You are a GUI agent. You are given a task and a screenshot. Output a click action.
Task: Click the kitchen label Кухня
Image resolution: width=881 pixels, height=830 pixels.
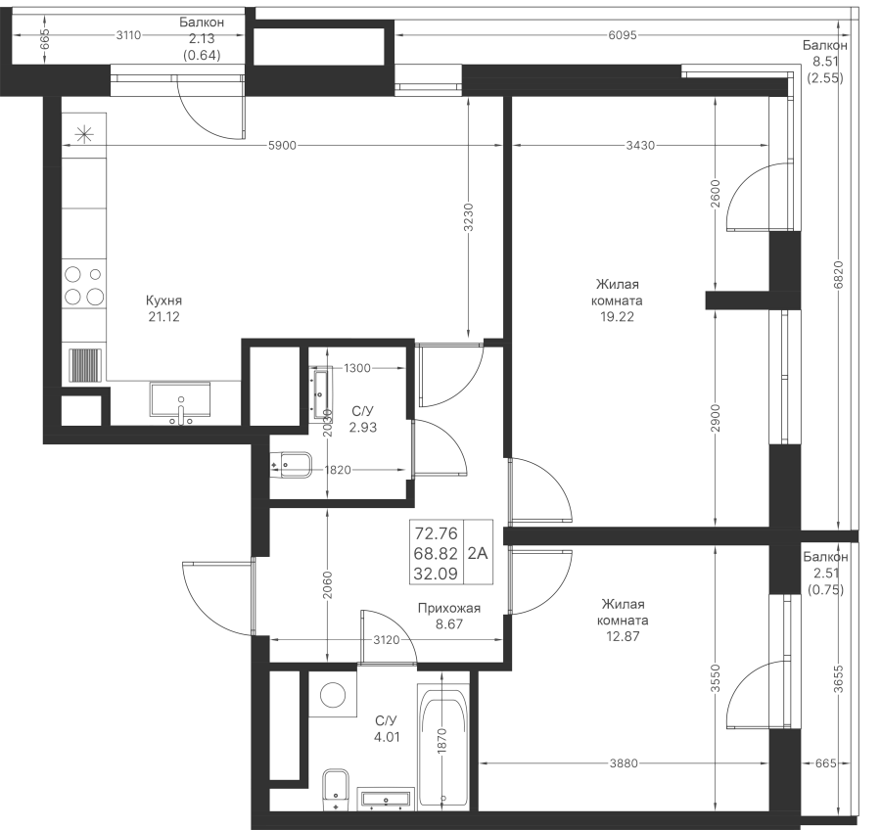coord(162,301)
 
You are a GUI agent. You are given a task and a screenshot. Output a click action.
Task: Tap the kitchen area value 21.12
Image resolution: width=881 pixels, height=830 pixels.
coord(162,317)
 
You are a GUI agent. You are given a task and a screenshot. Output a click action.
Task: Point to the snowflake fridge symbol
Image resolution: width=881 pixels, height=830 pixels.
coord(84,134)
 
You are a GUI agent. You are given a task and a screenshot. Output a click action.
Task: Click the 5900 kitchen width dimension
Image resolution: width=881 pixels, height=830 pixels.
coord(282,146)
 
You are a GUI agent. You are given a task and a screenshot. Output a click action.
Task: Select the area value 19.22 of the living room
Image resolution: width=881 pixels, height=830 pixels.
coord(616,317)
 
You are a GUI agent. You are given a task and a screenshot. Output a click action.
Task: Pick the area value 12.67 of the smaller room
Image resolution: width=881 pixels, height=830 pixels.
coord(624,637)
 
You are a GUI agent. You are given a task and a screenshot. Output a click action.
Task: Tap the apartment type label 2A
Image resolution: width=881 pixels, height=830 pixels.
coord(479,553)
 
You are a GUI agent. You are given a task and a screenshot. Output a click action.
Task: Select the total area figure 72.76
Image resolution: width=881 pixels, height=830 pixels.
coord(437,533)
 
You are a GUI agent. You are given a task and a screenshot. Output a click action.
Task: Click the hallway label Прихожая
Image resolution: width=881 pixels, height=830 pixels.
coord(447,608)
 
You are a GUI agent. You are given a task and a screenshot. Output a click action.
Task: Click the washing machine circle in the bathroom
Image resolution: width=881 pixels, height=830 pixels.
coord(332,696)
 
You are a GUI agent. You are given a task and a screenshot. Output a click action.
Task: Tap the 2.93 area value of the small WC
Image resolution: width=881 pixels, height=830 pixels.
coord(362,428)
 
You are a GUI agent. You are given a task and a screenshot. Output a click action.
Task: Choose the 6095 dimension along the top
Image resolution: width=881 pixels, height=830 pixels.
coord(623,36)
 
